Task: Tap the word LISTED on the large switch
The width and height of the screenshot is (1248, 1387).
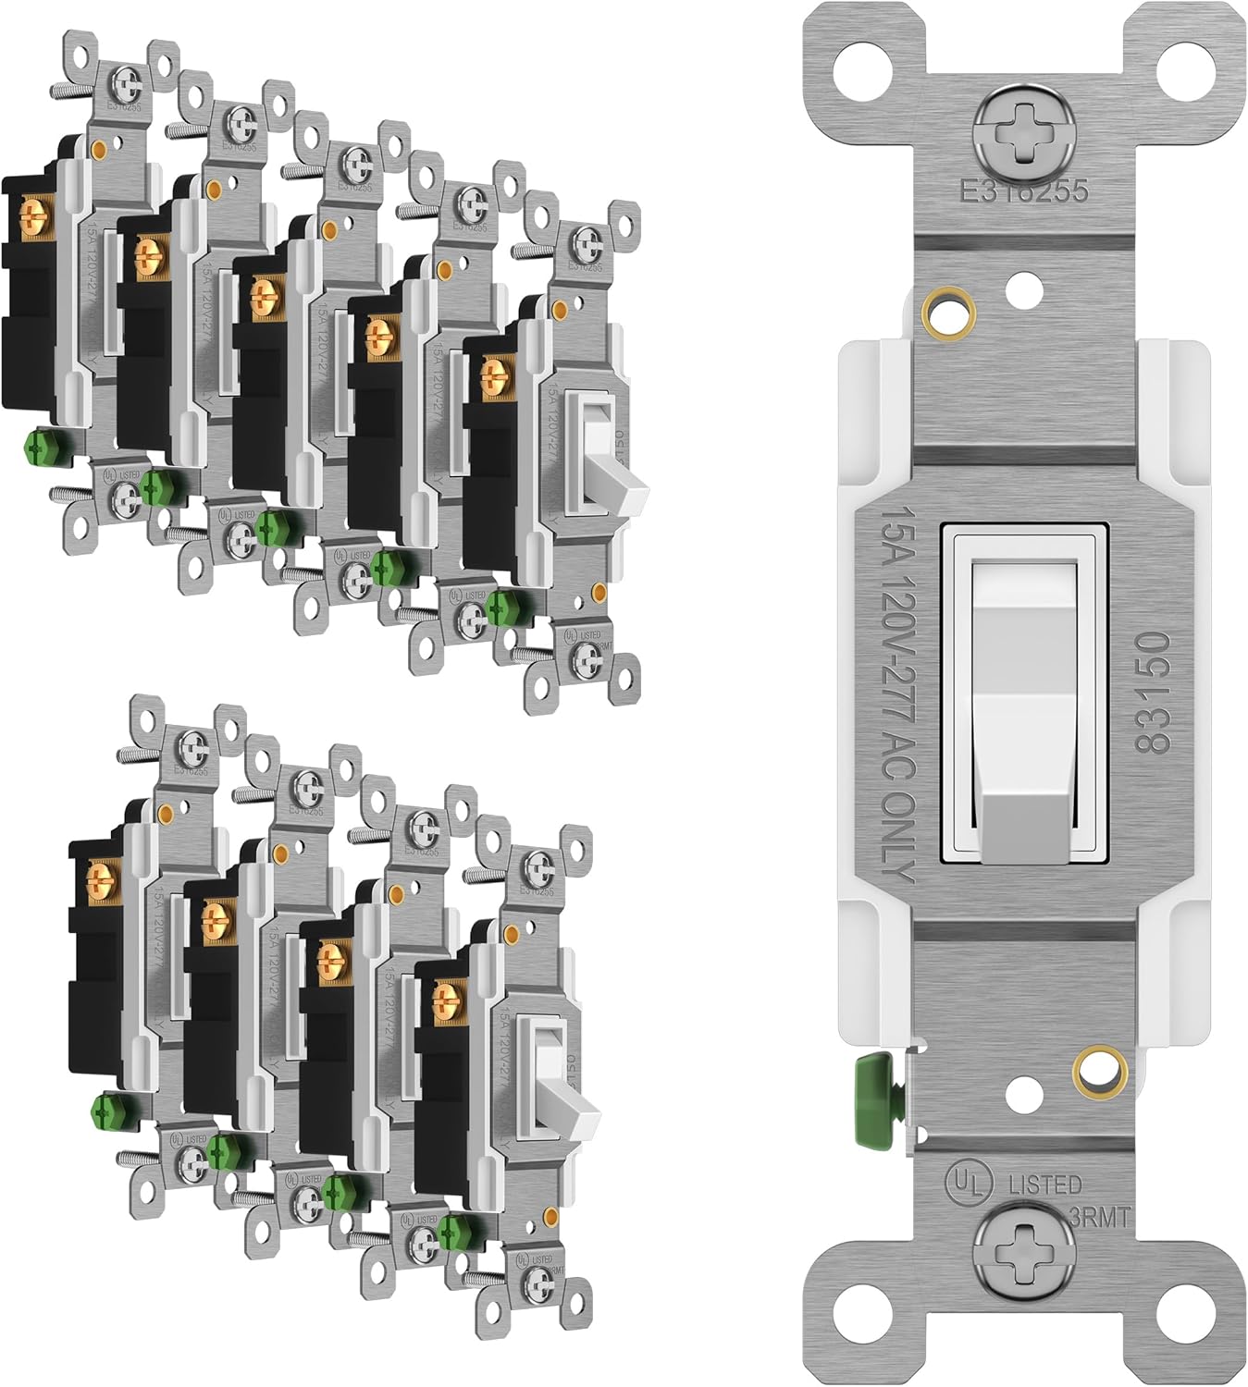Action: point(1044,1184)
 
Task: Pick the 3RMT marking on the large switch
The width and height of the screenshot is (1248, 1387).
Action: point(1102,1218)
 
